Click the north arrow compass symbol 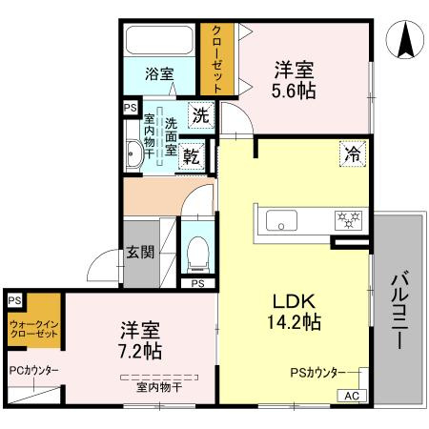point(403,40)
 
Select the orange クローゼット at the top point(217,57)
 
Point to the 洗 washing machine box point(200,115)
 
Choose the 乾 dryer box point(191,156)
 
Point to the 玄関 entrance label point(139,253)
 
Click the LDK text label point(295,299)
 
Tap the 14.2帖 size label point(295,321)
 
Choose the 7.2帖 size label point(140,351)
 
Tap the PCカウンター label point(33,370)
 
